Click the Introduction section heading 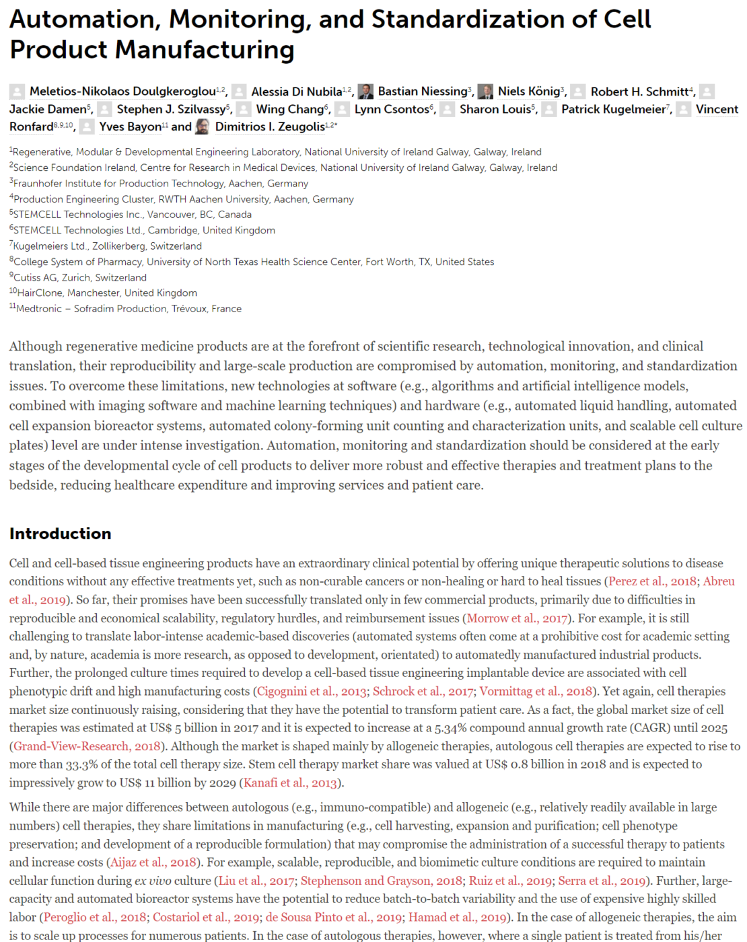coord(60,534)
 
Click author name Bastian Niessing coord(423,92)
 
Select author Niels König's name coord(529,92)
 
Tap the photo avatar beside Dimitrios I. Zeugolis coord(203,126)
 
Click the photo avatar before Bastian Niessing coord(365,92)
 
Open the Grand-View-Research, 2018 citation coord(87,746)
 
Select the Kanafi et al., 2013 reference coord(290,783)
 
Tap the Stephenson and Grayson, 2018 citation coord(382,881)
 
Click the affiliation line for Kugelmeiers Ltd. coord(108,246)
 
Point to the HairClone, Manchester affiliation coord(106,293)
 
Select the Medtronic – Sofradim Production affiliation coord(129,309)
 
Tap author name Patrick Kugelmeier coord(615,109)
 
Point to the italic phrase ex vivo coord(149,881)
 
